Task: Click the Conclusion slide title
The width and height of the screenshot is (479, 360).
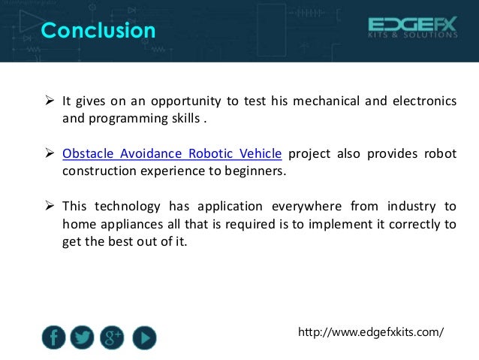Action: pyautogui.click(x=98, y=31)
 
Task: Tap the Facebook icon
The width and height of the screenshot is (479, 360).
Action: pyautogui.click(x=53, y=338)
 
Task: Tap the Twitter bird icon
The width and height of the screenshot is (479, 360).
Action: pyautogui.click(x=82, y=338)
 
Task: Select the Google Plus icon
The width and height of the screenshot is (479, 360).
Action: pyautogui.click(x=113, y=338)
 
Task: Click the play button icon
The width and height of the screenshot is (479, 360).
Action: pyautogui.click(x=144, y=338)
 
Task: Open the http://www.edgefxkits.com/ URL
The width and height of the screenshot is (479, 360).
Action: pyautogui.click(x=371, y=331)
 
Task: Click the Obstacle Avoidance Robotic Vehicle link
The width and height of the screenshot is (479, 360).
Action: pyautogui.click(x=172, y=154)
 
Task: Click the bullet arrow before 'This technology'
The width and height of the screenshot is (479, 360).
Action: pyautogui.click(x=49, y=206)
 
